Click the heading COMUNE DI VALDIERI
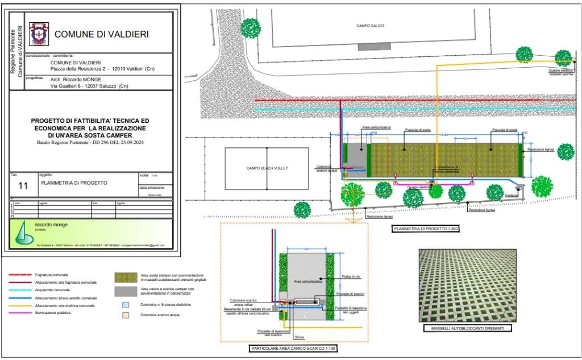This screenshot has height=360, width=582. tap(101, 34)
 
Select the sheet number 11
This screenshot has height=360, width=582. tap(23, 185)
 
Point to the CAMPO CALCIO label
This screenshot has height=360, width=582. tap(370, 26)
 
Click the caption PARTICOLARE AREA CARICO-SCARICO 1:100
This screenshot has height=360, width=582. tap(293, 348)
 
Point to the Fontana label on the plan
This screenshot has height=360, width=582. tap(512, 196)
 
